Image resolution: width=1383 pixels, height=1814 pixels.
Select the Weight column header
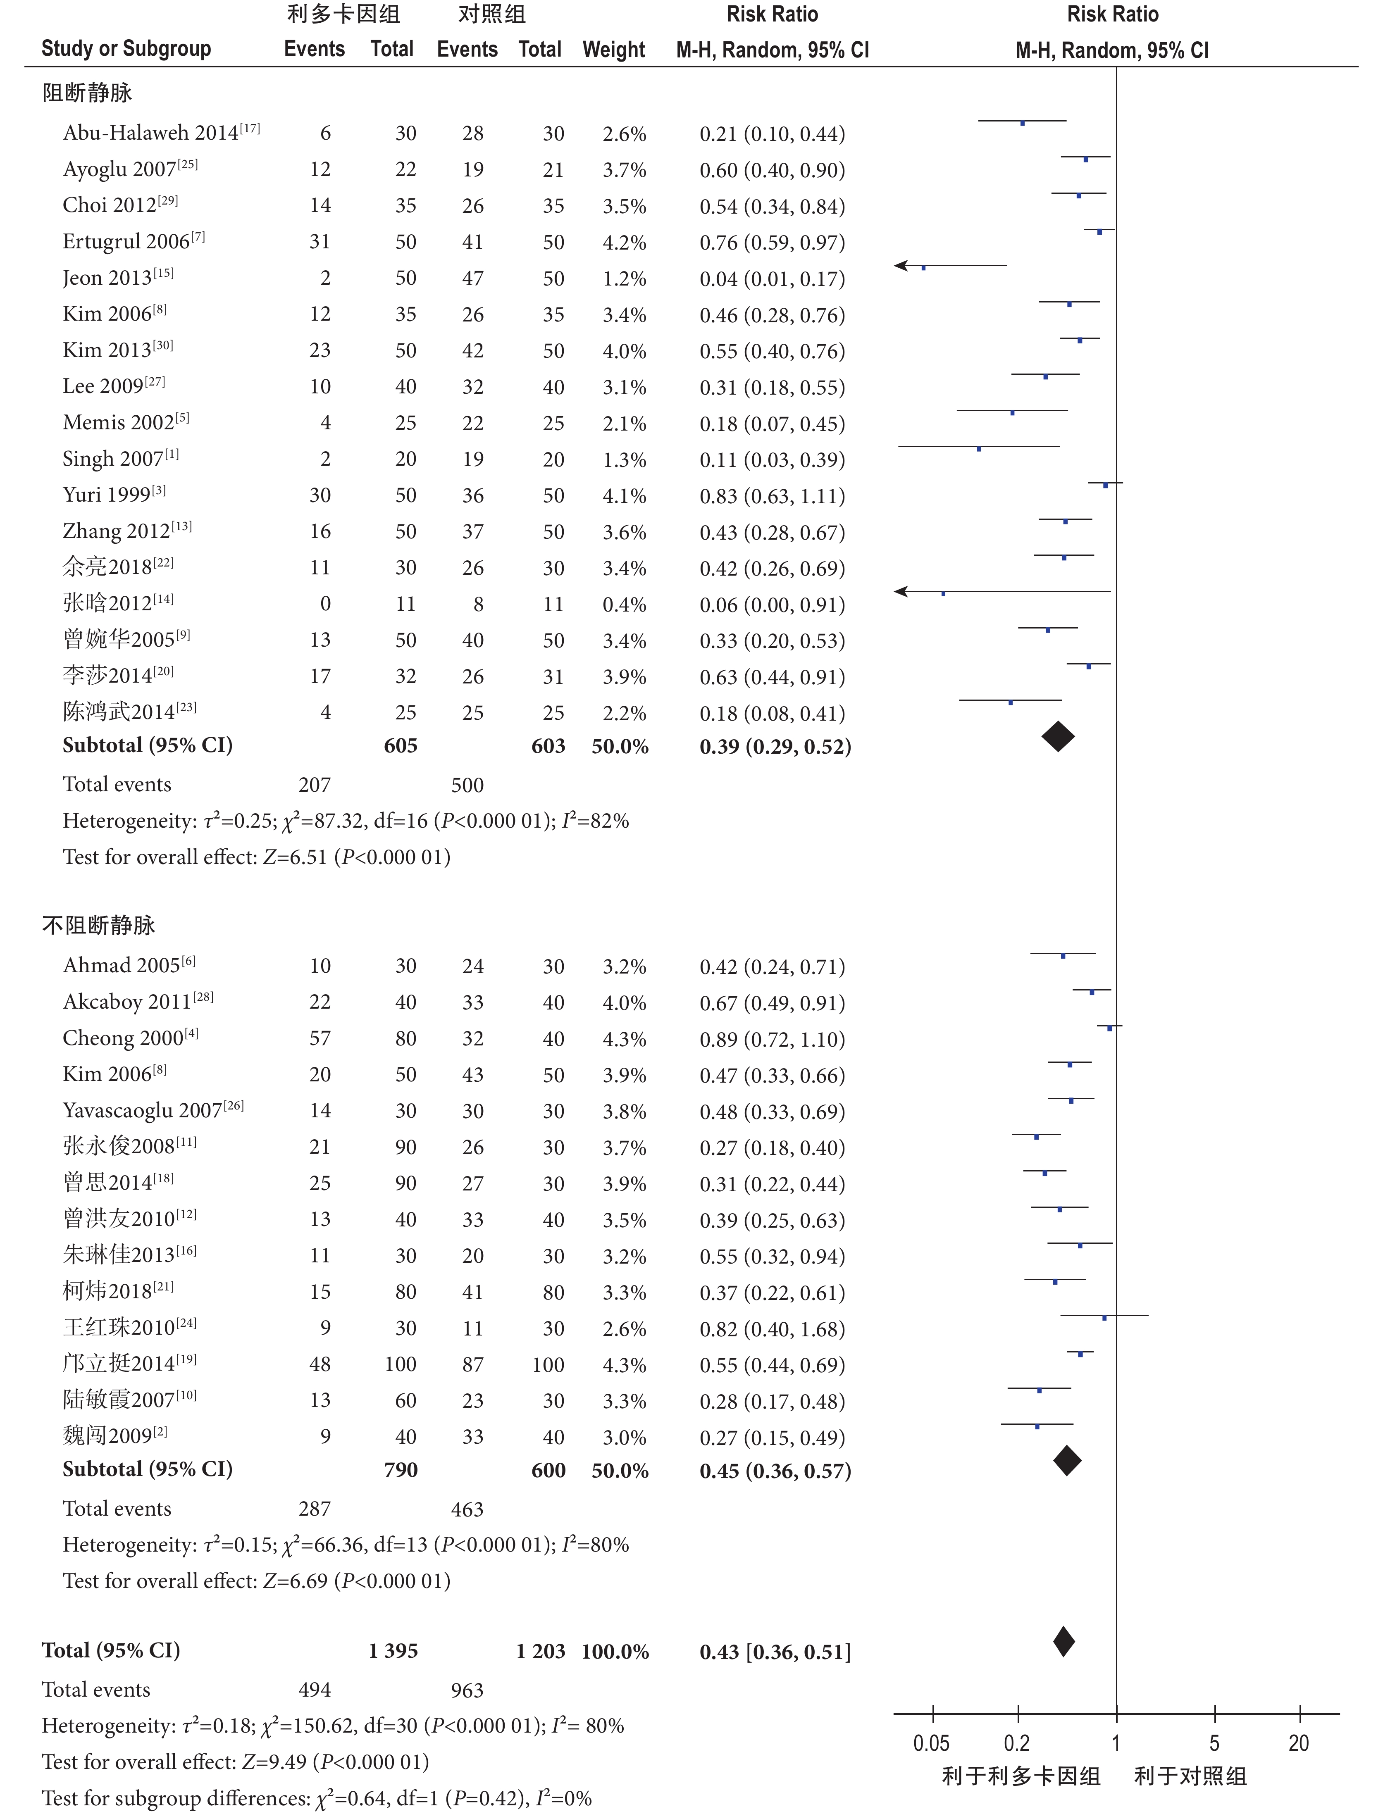click(x=613, y=50)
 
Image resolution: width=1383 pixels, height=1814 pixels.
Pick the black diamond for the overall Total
click(x=1063, y=1642)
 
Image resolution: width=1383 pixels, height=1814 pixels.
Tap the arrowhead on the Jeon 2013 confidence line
click(x=901, y=265)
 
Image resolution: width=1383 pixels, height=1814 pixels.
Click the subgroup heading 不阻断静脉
click(x=99, y=925)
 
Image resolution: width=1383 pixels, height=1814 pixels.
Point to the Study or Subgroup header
click(x=126, y=50)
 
